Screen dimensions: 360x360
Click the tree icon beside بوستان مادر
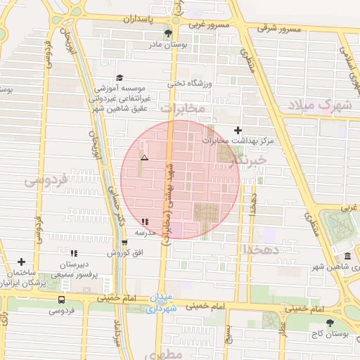(167, 33)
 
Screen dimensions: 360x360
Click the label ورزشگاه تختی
(186, 83)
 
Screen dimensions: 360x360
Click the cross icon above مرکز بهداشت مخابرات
(238, 130)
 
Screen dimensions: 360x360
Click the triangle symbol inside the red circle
(144, 158)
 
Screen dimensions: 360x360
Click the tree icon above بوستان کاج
(330, 322)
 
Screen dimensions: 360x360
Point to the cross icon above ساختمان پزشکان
(22, 262)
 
